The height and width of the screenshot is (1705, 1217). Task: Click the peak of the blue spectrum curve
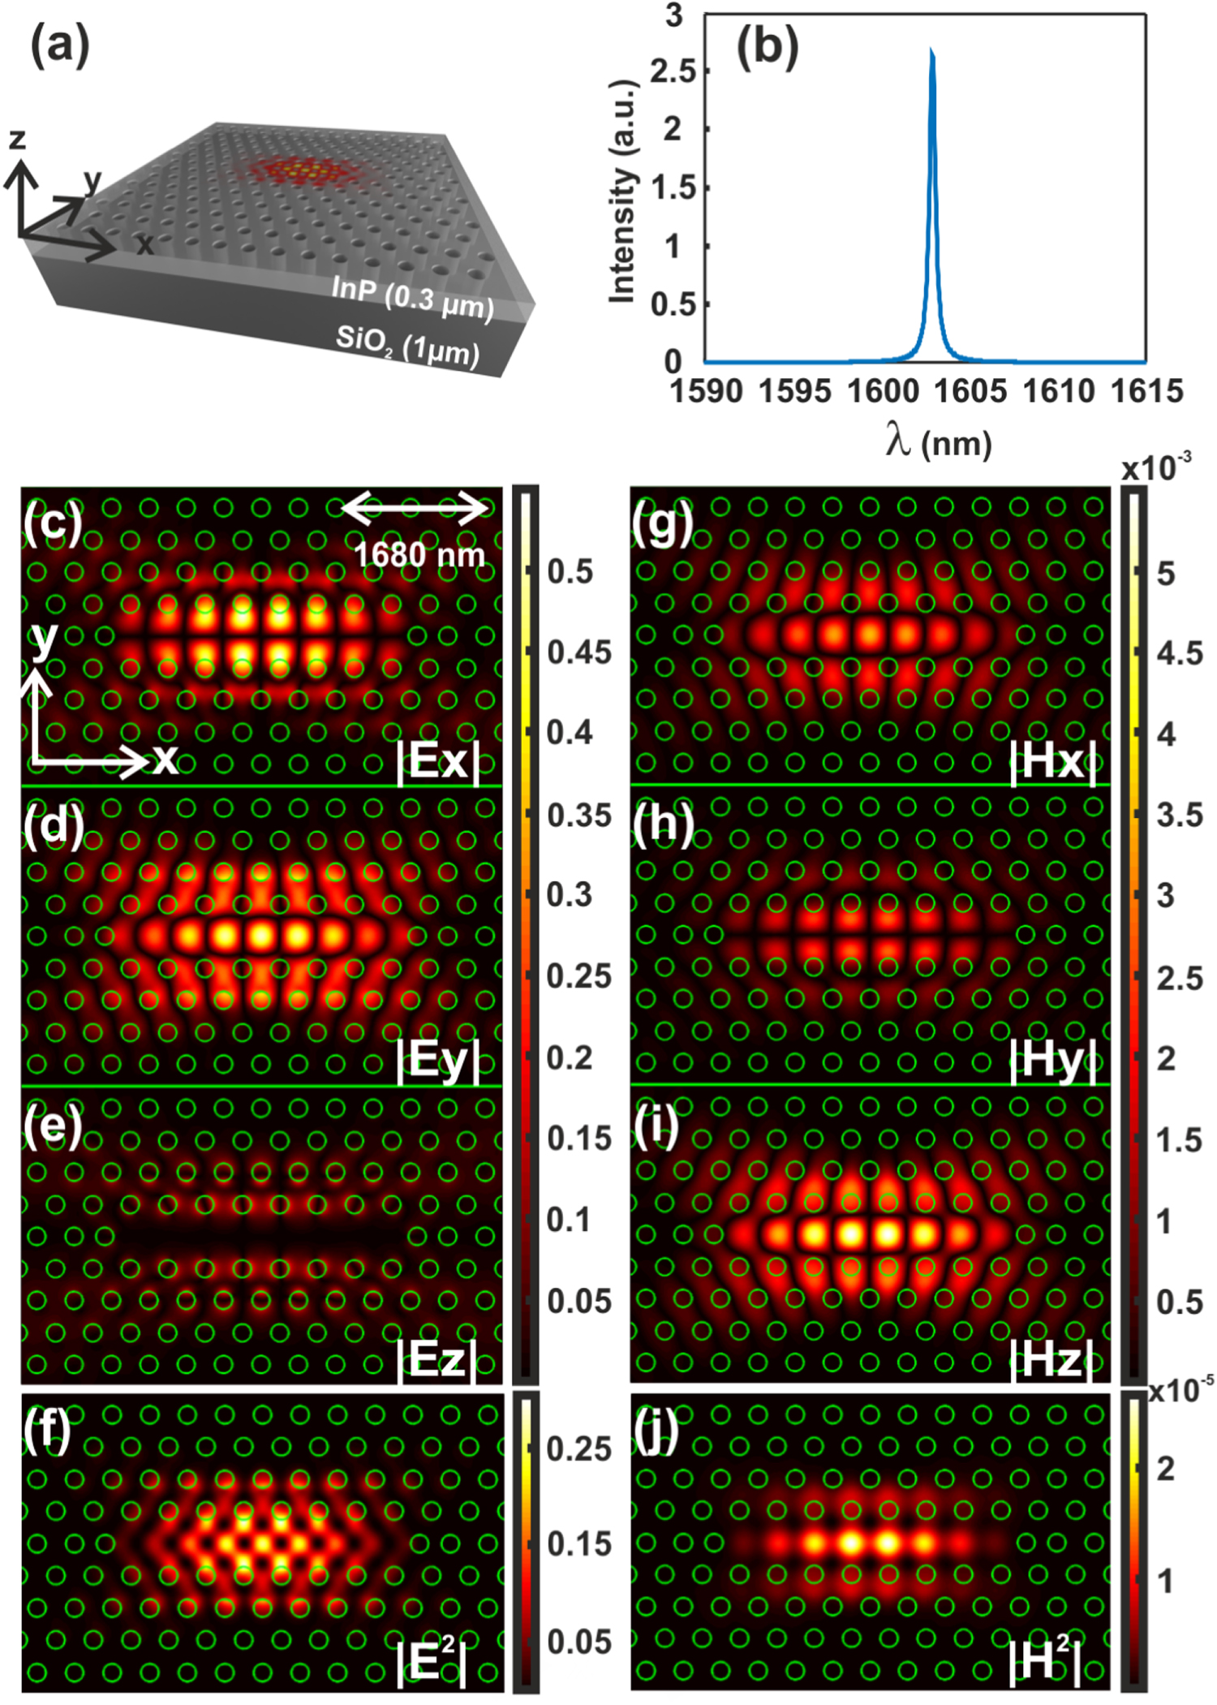click(x=931, y=51)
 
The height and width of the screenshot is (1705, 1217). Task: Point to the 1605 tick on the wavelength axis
click(x=970, y=391)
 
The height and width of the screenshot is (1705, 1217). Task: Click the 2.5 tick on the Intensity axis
click(x=673, y=71)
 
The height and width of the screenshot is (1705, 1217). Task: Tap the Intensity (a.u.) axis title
click(x=622, y=192)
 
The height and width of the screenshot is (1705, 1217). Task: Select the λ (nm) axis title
click(x=938, y=443)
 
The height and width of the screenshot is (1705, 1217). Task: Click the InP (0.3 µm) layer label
click(x=412, y=299)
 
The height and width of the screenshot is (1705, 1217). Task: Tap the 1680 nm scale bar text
click(x=419, y=555)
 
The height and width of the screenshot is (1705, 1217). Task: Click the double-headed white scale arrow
click(x=415, y=509)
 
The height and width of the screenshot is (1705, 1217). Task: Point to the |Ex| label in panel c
click(x=438, y=761)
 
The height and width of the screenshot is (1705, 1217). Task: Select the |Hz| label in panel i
click(x=1052, y=1358)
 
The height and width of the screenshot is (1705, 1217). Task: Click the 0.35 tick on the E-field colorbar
click(x=578, y=816)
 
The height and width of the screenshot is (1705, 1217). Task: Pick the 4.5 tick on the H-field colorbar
click(x=1180, y=653)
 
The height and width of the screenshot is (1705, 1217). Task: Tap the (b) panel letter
click(x=767, y=46)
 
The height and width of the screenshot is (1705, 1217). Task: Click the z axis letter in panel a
click(x=18, y=139)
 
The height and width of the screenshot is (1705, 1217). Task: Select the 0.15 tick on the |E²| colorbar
click(x=578, y=1544)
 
